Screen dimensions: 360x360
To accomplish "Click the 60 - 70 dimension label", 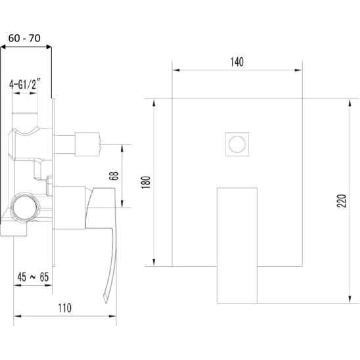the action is click(24, 38).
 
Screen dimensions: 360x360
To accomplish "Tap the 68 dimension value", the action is click(114, 176).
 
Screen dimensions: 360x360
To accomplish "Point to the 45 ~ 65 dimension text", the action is click(33, 277).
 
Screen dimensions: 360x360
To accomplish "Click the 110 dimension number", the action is click(64, 308).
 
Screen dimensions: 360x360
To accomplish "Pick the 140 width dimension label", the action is click(237, 62).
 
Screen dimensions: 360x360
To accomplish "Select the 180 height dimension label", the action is click(146, 183).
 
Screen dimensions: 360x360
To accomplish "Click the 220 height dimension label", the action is click(342, 201).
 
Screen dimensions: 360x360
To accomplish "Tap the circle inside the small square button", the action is click(237, 144).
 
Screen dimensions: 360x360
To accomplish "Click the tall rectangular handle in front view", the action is click(237, 246).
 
